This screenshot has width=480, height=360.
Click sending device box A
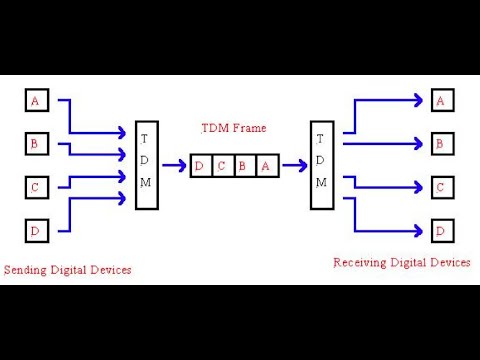tap(36, 100)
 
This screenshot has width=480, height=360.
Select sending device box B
tap(36, 144)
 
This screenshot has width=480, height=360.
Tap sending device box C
tap(36, 188)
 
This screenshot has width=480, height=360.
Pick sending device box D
tap(36, 232)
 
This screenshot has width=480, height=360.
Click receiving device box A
tap(441, 100)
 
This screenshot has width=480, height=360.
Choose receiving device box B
tap(441, 144)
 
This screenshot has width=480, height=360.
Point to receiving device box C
tap(441, 188)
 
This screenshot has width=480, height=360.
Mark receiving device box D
tap(441, 232)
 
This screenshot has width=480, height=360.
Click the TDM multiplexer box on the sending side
tap(146, 166)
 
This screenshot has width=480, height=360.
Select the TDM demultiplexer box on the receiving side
tap(321, 166)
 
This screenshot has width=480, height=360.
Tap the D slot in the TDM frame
tap(200, 166)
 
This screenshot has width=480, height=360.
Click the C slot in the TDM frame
tap(222, 166)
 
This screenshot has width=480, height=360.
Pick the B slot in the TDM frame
tap(243, 166)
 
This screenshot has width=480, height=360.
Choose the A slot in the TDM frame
tap(265, 166)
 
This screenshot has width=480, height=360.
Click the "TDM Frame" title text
tap(233, 129)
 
